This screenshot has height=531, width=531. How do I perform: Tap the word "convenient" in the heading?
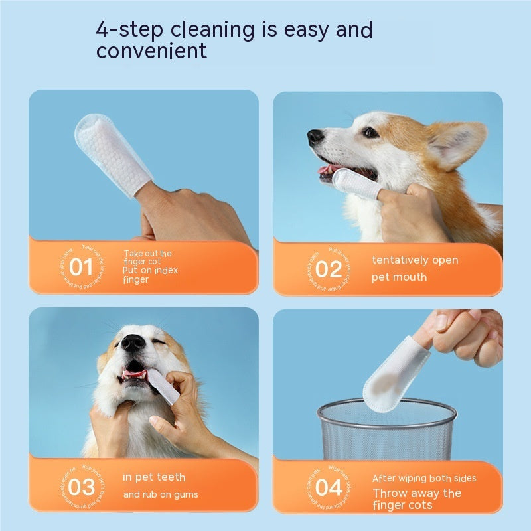(x=152, y=51)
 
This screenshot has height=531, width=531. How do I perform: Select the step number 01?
(x=81, y=267)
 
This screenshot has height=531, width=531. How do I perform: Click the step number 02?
(x=328, y=269)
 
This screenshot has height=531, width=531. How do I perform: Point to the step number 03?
(x=81, y=487)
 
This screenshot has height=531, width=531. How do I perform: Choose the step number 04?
(x=328, y=488)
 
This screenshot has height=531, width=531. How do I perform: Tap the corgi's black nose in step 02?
(x=315, y=137)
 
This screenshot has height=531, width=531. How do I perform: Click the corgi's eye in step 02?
(x=369, y=133)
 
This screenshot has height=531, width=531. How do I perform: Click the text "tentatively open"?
(x=415, y=260)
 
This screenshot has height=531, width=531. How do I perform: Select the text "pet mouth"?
(x=399, y=277)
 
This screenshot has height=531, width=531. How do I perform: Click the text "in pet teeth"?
(x=155, y=477)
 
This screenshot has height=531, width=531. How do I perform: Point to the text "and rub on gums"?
(x=161, y=494)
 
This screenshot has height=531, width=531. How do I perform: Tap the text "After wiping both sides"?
(x=423, y=479)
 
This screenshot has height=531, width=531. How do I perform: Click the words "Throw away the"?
(x=417, y=493)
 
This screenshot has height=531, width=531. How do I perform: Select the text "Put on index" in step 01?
(x=151, y=271)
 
